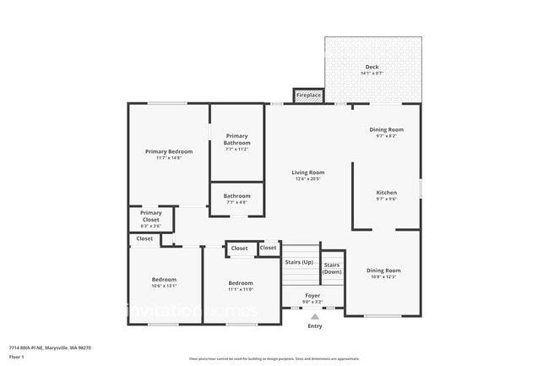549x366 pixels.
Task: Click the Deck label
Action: pyautogui.click(x=372, y=67)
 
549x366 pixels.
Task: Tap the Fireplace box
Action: pyautogui.click(x=308, y=96)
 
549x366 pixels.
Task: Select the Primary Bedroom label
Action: pyautogui.click(x=169, y=151)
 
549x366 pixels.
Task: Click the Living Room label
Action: pyautogui.click(x=308, y=172)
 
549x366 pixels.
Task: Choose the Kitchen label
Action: pyautogui.click(x=386, y=193)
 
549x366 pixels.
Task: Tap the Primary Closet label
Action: pyautogui.click(x=150, y=216)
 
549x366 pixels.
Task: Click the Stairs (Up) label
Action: pyautogui.click(x=299, y=262)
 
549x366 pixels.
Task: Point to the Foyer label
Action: pyautogui.click(x=313, y=295)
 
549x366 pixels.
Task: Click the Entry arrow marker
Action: pyautogui.click(x=315, y=316)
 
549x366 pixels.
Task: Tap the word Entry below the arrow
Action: pyautogui.click(x=315, y=326)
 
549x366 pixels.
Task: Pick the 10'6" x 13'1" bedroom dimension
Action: pyautogui.click(x=164, y=286)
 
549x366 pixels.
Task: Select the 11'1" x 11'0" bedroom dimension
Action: pyautogui.click(x=241, y=289)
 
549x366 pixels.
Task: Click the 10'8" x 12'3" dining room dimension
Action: pyautogui.click(x=383, y=276)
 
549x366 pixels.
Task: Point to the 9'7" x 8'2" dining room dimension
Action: pyautogui.click(x=386, y=136)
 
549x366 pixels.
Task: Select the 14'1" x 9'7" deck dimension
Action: pyautogui.click(x=372, y=74)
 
